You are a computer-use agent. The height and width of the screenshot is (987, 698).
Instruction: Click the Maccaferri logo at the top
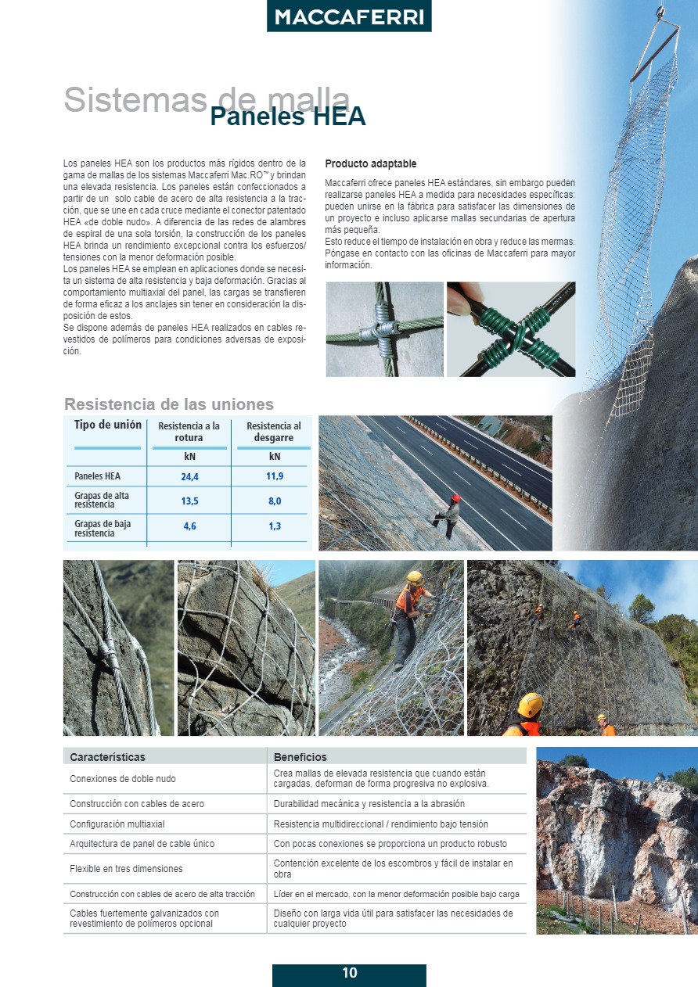[x=349, y=17]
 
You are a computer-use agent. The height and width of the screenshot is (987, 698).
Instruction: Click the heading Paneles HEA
[x=287, y=117]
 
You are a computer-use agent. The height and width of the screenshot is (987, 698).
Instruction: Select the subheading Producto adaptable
[x=370, y=164]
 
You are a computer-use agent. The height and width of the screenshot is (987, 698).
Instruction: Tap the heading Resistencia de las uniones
[x=169, y=404]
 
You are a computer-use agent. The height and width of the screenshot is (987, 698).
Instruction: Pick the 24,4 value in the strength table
[x=189, y=476]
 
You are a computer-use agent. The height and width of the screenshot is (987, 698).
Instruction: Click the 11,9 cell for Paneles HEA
[x=275, y=476]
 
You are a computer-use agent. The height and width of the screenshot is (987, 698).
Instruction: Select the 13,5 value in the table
[x=189, y=501]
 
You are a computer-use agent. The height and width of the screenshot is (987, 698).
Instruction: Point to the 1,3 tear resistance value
[x=275, y=526]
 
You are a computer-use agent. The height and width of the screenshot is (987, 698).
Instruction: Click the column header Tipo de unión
[x=108, y=425]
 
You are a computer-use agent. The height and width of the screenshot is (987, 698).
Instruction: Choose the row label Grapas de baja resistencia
[x=103, y=528]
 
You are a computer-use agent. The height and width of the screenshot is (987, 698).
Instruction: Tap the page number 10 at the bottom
[x=349, y=974]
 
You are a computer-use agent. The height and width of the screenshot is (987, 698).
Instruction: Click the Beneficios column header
[x=300, y=757]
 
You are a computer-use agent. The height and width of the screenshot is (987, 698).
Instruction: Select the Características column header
[x=107, y=757]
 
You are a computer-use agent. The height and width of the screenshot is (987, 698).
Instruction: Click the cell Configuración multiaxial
[x=117, y=824]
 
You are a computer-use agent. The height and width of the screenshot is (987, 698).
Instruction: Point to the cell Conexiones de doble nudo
[x=123, y=779]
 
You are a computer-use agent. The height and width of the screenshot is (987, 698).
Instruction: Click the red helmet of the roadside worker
[x=455, y=498]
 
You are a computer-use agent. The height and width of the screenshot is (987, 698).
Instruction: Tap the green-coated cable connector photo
[x=511, y=329]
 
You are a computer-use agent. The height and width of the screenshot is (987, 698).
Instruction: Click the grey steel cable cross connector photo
[x=384, y=329]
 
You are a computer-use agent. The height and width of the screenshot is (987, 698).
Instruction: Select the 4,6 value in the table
[x=189, y=526]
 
